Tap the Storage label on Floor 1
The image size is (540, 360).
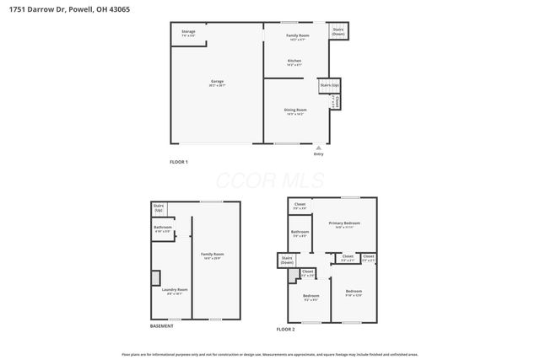pos(188,34)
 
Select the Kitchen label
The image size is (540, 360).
pos(294,62)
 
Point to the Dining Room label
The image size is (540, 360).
pos(294,111)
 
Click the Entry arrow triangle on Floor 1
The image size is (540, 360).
pos(318,147)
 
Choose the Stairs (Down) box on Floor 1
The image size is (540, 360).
pos(338,31)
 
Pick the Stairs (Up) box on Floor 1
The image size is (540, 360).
pos(329,86)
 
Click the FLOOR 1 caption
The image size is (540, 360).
pos(179,161)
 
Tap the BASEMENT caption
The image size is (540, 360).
pos(162,326)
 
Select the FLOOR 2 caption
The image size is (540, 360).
pos(286,329)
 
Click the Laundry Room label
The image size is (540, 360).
pos(175,291)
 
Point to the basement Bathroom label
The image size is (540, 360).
pos(163,228)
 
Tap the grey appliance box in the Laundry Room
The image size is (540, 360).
pos(155,277)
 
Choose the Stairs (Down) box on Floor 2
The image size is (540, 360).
pos(287,261)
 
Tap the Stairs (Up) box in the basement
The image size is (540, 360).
pos(159,208)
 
